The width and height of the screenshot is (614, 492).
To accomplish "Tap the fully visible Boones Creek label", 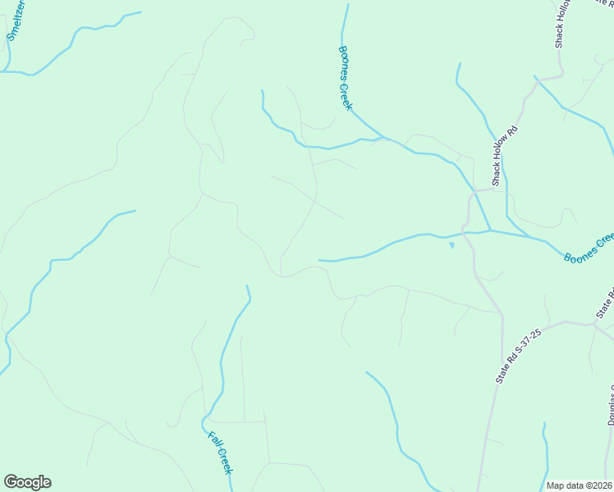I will [345, 78].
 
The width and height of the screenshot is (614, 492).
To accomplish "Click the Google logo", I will [27, 482].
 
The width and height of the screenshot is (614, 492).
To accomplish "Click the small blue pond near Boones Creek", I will [451, 244].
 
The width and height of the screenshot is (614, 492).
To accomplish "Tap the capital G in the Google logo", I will [10, 482].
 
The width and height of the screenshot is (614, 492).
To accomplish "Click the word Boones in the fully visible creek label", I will [341, 63].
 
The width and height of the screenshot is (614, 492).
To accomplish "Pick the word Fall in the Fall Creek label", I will [213, 439].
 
